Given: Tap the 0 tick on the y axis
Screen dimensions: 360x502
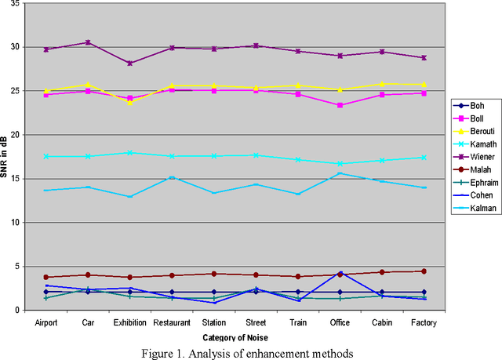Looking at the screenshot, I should (24, 310).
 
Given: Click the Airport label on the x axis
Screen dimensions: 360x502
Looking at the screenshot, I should (45, 322).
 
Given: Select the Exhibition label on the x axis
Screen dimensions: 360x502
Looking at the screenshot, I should (129, 322).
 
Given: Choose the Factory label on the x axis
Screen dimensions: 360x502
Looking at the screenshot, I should (424, 322).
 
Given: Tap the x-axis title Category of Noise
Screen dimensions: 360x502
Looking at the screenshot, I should (235, 336).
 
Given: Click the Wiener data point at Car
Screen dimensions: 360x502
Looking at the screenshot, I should (88, 42).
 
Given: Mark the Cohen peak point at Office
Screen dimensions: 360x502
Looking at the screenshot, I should (340, 273).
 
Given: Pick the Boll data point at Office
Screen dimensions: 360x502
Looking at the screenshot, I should (340, 105).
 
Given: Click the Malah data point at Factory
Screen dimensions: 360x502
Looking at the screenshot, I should (424, 271).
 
